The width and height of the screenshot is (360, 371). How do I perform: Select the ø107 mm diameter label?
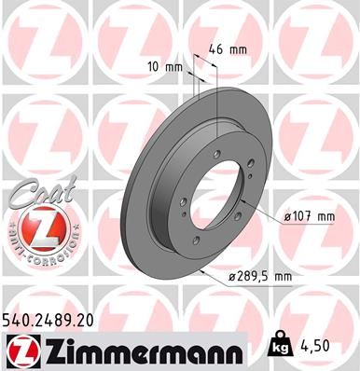coord(308,217)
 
